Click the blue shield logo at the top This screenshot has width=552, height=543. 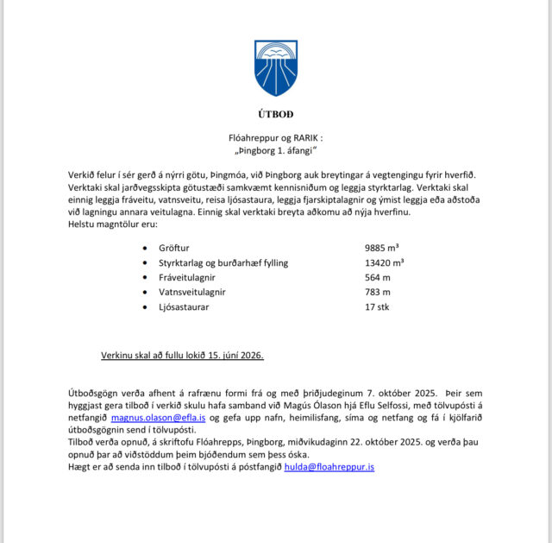click(276, 68)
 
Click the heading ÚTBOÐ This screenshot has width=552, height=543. click(276, 114)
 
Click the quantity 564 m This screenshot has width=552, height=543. click(378, 277)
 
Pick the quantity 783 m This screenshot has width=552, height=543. click(378, 292)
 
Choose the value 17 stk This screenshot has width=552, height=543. click(377, 306)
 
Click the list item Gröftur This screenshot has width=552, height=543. click(173, 247)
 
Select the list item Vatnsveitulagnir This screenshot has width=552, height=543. click(191, 292)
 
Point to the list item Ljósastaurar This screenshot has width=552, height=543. click(184, 306)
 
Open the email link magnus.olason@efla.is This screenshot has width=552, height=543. click(158, 418)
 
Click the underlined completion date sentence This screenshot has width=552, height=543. click(182, 356)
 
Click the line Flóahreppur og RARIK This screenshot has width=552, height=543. click(274, 136)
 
